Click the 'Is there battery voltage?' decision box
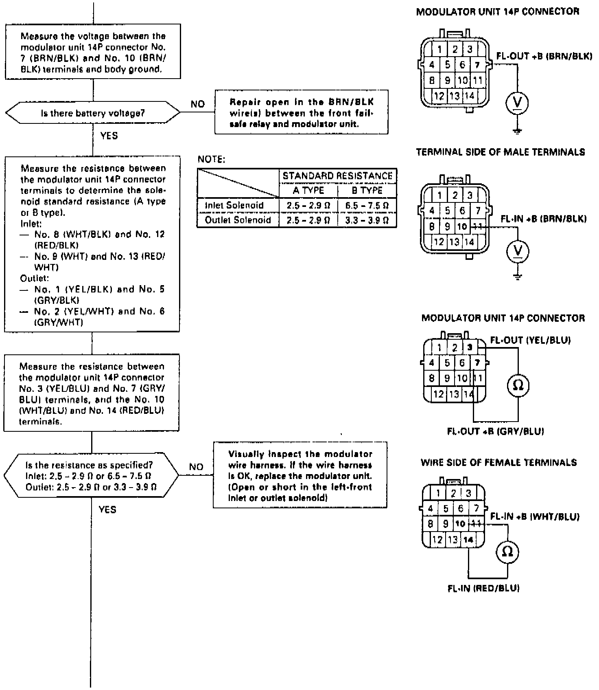(x=93, y=113)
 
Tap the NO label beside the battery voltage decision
(x=198, y=104)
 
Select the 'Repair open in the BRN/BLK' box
(x=301, y=112)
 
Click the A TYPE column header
(x=308, y=191)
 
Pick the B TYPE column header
(x=367, y=191)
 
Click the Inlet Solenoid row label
(x=234, y=205)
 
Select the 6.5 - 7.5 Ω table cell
(x=367, y=206)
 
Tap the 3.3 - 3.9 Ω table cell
(x=367, y=220)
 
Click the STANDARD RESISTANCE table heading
(x=338, y=176)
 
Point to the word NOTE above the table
(x=212, y=159)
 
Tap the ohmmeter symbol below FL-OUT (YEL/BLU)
(x=518, y=385)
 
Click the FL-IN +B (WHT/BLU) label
(x=535, y=516)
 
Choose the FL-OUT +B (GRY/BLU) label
(x=495, y=431)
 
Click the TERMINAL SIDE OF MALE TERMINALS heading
(x=501, y=152)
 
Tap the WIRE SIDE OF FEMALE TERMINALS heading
(x=498, y=462)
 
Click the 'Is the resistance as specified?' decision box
(x=92, y=476)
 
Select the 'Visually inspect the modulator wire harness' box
(x=300, y=475)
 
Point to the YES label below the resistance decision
(x=107, y=510)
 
